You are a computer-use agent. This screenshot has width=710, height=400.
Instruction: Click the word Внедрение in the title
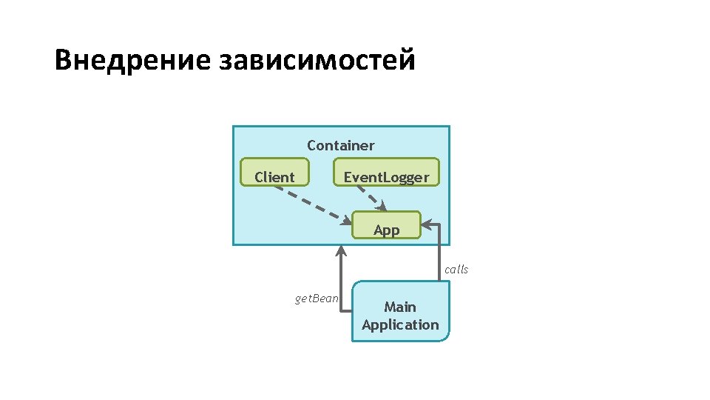[133, 60]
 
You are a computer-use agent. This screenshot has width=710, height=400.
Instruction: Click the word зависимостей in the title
[317, 60]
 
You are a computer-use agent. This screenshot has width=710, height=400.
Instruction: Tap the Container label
[341, 145]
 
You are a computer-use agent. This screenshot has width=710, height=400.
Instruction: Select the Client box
[274, 173]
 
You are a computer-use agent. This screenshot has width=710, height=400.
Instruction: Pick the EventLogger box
[386, 172]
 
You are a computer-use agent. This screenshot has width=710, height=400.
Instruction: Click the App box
[386, 226]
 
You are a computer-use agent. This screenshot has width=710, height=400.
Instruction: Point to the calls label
[456, 269]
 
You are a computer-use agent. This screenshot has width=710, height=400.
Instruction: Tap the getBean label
[317, 299]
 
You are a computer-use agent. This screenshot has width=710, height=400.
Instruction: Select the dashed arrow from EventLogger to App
[369, 196]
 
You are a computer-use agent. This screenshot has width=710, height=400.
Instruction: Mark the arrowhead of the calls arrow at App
[427, 225]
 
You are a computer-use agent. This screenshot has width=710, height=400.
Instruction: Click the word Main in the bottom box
[400, 307]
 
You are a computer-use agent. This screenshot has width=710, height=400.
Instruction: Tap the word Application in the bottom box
[400, 324]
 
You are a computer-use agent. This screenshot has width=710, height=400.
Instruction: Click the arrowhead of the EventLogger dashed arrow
[382, 208]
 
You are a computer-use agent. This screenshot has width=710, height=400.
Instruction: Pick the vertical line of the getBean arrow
[341, 281]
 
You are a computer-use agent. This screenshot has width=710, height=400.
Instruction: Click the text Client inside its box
[274, 177]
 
